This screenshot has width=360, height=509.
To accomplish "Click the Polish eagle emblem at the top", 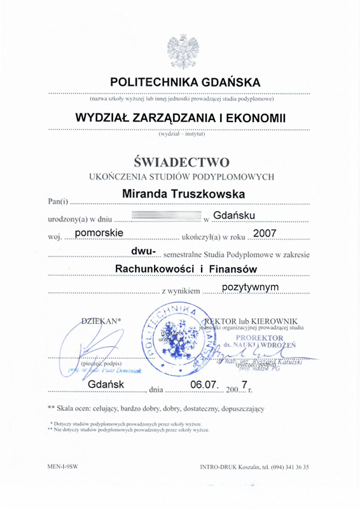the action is pyautogui.click(x=179, y=51).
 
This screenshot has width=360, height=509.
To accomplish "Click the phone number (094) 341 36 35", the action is pyautogui.click(x=284, y=466).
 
